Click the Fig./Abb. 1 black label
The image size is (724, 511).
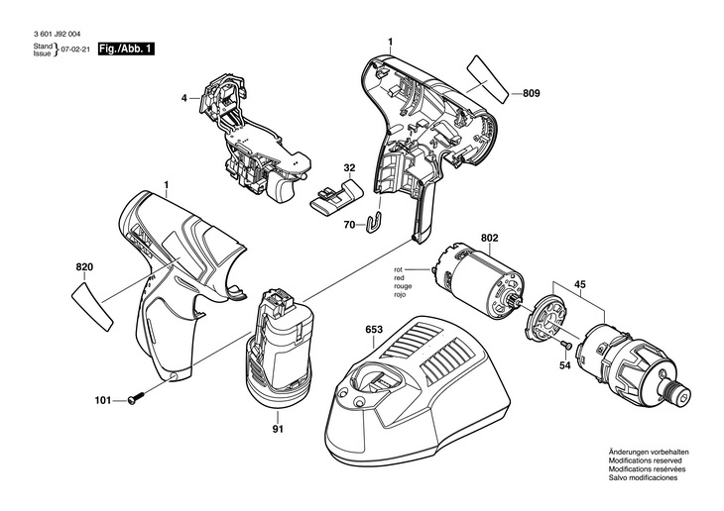[x=126, y=49]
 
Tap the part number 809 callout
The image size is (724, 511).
[x=531, y=93]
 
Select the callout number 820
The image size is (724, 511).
[x=84, y=267]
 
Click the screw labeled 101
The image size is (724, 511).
[x=135, y=398]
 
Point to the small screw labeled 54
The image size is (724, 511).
[x=566, y=344]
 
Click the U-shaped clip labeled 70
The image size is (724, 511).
[x=377, y=223]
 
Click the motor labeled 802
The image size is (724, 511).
[x=480, y=282]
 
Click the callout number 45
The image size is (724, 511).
[x=580, y=284]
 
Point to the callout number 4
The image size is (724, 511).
[x=184, y=98]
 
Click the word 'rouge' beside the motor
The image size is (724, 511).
[x=403, y=286]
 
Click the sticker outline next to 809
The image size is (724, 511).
[x=488, y=80]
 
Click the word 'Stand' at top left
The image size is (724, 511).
[x=43, y=47]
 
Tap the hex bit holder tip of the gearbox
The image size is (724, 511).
[x=677, y=392]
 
